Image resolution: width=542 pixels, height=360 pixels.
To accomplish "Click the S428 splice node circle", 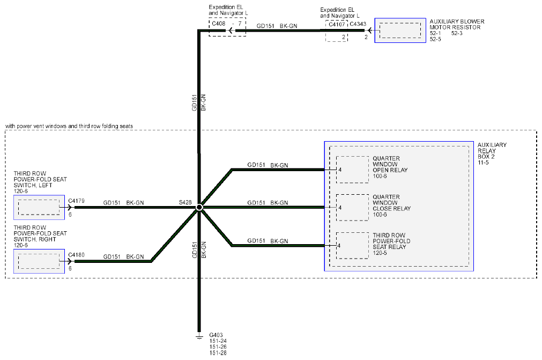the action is (199, 207).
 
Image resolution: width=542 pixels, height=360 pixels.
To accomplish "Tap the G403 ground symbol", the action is (199, 336).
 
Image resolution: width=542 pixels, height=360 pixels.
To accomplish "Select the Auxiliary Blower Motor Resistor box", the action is (400, 31).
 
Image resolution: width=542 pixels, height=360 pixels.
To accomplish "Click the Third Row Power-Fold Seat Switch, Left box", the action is (39, 207).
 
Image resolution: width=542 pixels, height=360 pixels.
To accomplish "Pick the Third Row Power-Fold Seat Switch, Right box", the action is (39, 261).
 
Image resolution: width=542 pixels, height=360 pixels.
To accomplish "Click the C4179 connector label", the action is (76, 201).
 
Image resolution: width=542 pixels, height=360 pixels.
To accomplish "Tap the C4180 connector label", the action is (76, 255).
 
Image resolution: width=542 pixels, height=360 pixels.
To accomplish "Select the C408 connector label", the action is (218, 24).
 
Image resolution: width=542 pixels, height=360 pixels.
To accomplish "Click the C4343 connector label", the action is (358, 24).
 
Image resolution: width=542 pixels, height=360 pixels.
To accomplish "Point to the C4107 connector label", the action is (337, 24).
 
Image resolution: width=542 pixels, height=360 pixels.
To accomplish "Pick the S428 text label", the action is (185, 202).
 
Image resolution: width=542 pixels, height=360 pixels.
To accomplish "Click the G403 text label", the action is (216, 335).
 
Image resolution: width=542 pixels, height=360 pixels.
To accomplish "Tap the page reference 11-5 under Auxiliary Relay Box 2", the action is (483, 163).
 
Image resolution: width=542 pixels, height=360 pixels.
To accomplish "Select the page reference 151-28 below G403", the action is (218, 352).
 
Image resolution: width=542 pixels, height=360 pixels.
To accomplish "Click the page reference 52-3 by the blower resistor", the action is (457, 33).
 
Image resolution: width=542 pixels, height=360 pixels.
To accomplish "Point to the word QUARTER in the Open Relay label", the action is (386, 158).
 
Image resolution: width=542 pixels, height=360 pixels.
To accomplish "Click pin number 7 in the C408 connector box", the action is (240, 24).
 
